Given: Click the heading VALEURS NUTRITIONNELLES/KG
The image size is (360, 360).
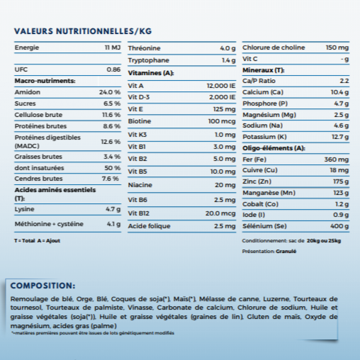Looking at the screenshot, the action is point(83,31).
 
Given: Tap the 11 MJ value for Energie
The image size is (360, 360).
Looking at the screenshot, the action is point(113,47).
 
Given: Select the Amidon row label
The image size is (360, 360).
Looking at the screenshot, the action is point(27,93).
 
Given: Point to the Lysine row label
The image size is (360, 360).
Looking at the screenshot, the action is point(24,209).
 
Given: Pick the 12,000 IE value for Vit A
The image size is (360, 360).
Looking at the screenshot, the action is point(221,85).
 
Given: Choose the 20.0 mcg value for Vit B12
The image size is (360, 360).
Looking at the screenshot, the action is point(220,213).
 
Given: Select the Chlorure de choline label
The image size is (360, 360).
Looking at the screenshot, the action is point(272,47).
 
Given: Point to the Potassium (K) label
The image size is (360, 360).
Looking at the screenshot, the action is point(264,137).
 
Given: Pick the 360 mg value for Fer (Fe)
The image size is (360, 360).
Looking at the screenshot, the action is point(337,159).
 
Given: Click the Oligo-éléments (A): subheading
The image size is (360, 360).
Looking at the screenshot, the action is point(273,148).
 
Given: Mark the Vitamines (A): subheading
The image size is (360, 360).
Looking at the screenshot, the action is point(150,73).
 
